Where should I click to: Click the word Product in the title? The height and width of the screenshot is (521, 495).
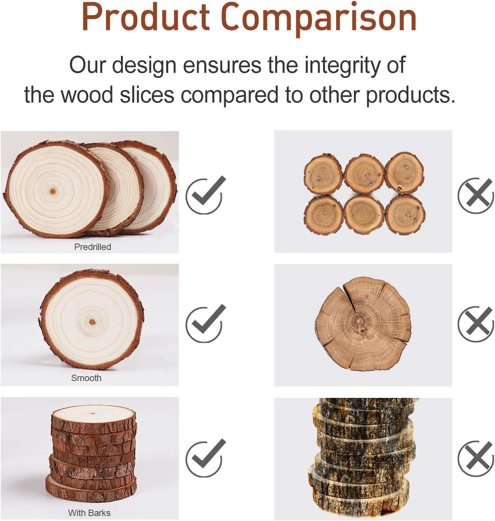145,18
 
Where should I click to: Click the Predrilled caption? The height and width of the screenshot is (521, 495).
93,247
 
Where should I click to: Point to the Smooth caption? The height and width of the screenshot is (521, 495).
86,378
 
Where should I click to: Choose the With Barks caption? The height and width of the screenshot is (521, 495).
89,513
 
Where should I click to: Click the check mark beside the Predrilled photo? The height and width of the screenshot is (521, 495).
206,195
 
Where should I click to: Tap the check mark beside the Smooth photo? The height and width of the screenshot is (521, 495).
206,324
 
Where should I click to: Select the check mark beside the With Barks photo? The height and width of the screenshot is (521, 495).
206,458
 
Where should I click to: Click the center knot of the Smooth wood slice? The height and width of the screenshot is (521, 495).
92,322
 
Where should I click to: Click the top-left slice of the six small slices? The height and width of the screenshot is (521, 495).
323,174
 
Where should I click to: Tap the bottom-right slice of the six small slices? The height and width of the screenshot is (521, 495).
405,214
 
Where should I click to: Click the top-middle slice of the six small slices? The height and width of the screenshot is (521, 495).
364,174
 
